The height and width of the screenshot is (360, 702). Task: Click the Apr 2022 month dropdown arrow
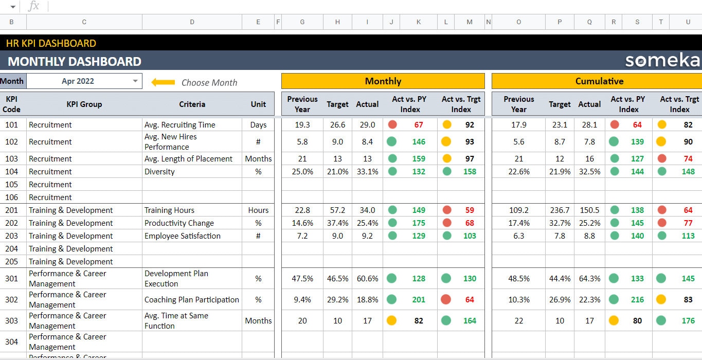[x=135, y=81]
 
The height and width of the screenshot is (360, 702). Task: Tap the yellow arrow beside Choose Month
[x=163, y=82]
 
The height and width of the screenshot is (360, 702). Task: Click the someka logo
[x=662, y=61]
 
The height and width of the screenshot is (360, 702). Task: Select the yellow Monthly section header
[x=383, y=81]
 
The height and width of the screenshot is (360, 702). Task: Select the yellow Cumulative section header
[x=599, y=81]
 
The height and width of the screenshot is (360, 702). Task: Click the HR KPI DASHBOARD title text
[x=51, y=43]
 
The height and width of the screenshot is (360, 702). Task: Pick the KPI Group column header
[x=84, y=104]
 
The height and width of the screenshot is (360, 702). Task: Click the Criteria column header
[x=192, y=104]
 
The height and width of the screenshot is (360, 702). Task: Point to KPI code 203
[x=11, y=236]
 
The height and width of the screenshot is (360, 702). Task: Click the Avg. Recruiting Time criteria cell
[x=179, y=125]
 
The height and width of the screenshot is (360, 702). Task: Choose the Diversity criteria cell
[x=159, y=172]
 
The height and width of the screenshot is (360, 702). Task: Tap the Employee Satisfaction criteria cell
[x=182, y=236]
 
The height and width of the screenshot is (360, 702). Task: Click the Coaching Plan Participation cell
[x=191, y=300]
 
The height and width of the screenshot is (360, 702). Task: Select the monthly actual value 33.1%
[x=367, y=172]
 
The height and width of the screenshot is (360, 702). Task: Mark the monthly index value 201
[x=419, y=300]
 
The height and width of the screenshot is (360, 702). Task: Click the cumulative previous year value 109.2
[x=518, y=210]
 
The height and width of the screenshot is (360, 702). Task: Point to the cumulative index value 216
[x=637, y=300]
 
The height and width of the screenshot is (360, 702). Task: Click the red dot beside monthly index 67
[x=392, y=124]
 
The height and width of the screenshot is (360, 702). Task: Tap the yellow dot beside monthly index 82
[x=392, y=320]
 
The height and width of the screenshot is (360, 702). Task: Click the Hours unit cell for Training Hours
[x=258, y=210]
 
